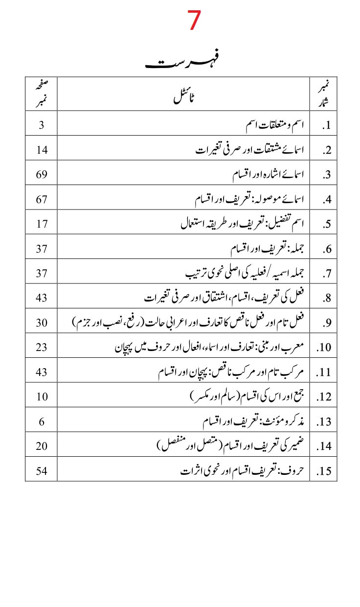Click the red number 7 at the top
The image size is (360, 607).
click(x=194, y=21)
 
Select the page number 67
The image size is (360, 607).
click(x=42, y=199)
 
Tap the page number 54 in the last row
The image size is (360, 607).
click(x=42, y=471)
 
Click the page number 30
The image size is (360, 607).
click(x=42, y=323)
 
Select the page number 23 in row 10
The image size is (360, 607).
click(x=42, y=348)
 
